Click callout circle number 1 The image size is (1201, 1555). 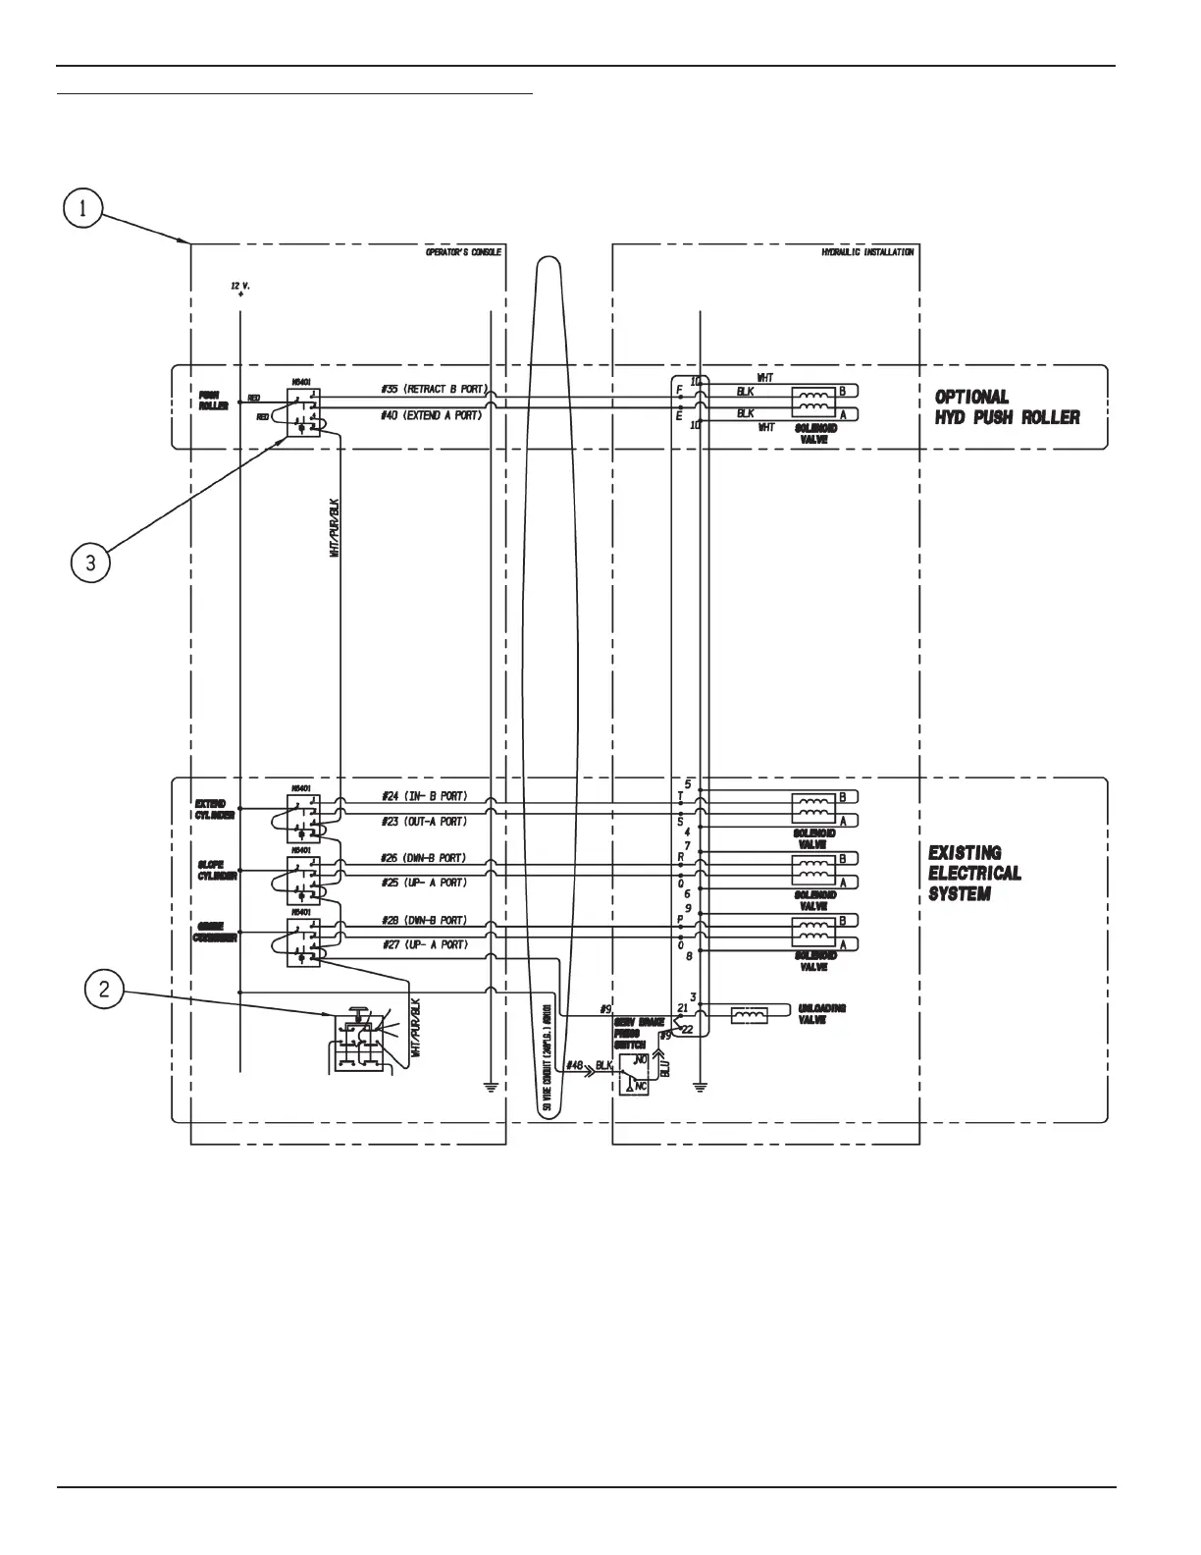(x=84, y=208)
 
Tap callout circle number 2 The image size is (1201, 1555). (x=105, y=989)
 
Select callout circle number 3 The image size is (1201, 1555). (x=90, y=563)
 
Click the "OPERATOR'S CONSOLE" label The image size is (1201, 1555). (x=463, y=252)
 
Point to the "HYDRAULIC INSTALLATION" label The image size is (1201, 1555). (x=867, y=252)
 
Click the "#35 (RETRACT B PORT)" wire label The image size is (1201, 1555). (x=432, y=390)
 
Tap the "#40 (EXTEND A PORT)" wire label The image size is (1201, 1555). (x=432, y=415)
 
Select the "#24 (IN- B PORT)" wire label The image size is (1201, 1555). (x=424, y=796)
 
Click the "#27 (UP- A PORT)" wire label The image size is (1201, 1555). (x=424, y=944)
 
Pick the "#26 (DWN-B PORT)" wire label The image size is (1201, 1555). (x=424, y=858)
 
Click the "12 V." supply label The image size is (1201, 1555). (x=240, y=286)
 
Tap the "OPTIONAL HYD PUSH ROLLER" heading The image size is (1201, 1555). (x=1007, y=407)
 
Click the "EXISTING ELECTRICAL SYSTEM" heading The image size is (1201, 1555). (x=974, y=874)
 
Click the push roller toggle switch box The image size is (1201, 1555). (x=303, y=412)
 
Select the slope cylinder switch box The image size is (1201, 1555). (x=303, y=880)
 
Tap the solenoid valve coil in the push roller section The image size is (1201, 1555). (x=813, y=402)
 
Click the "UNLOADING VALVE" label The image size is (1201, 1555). (x=822, y=1014)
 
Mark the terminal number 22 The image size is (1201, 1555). (x=687, y=1029)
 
